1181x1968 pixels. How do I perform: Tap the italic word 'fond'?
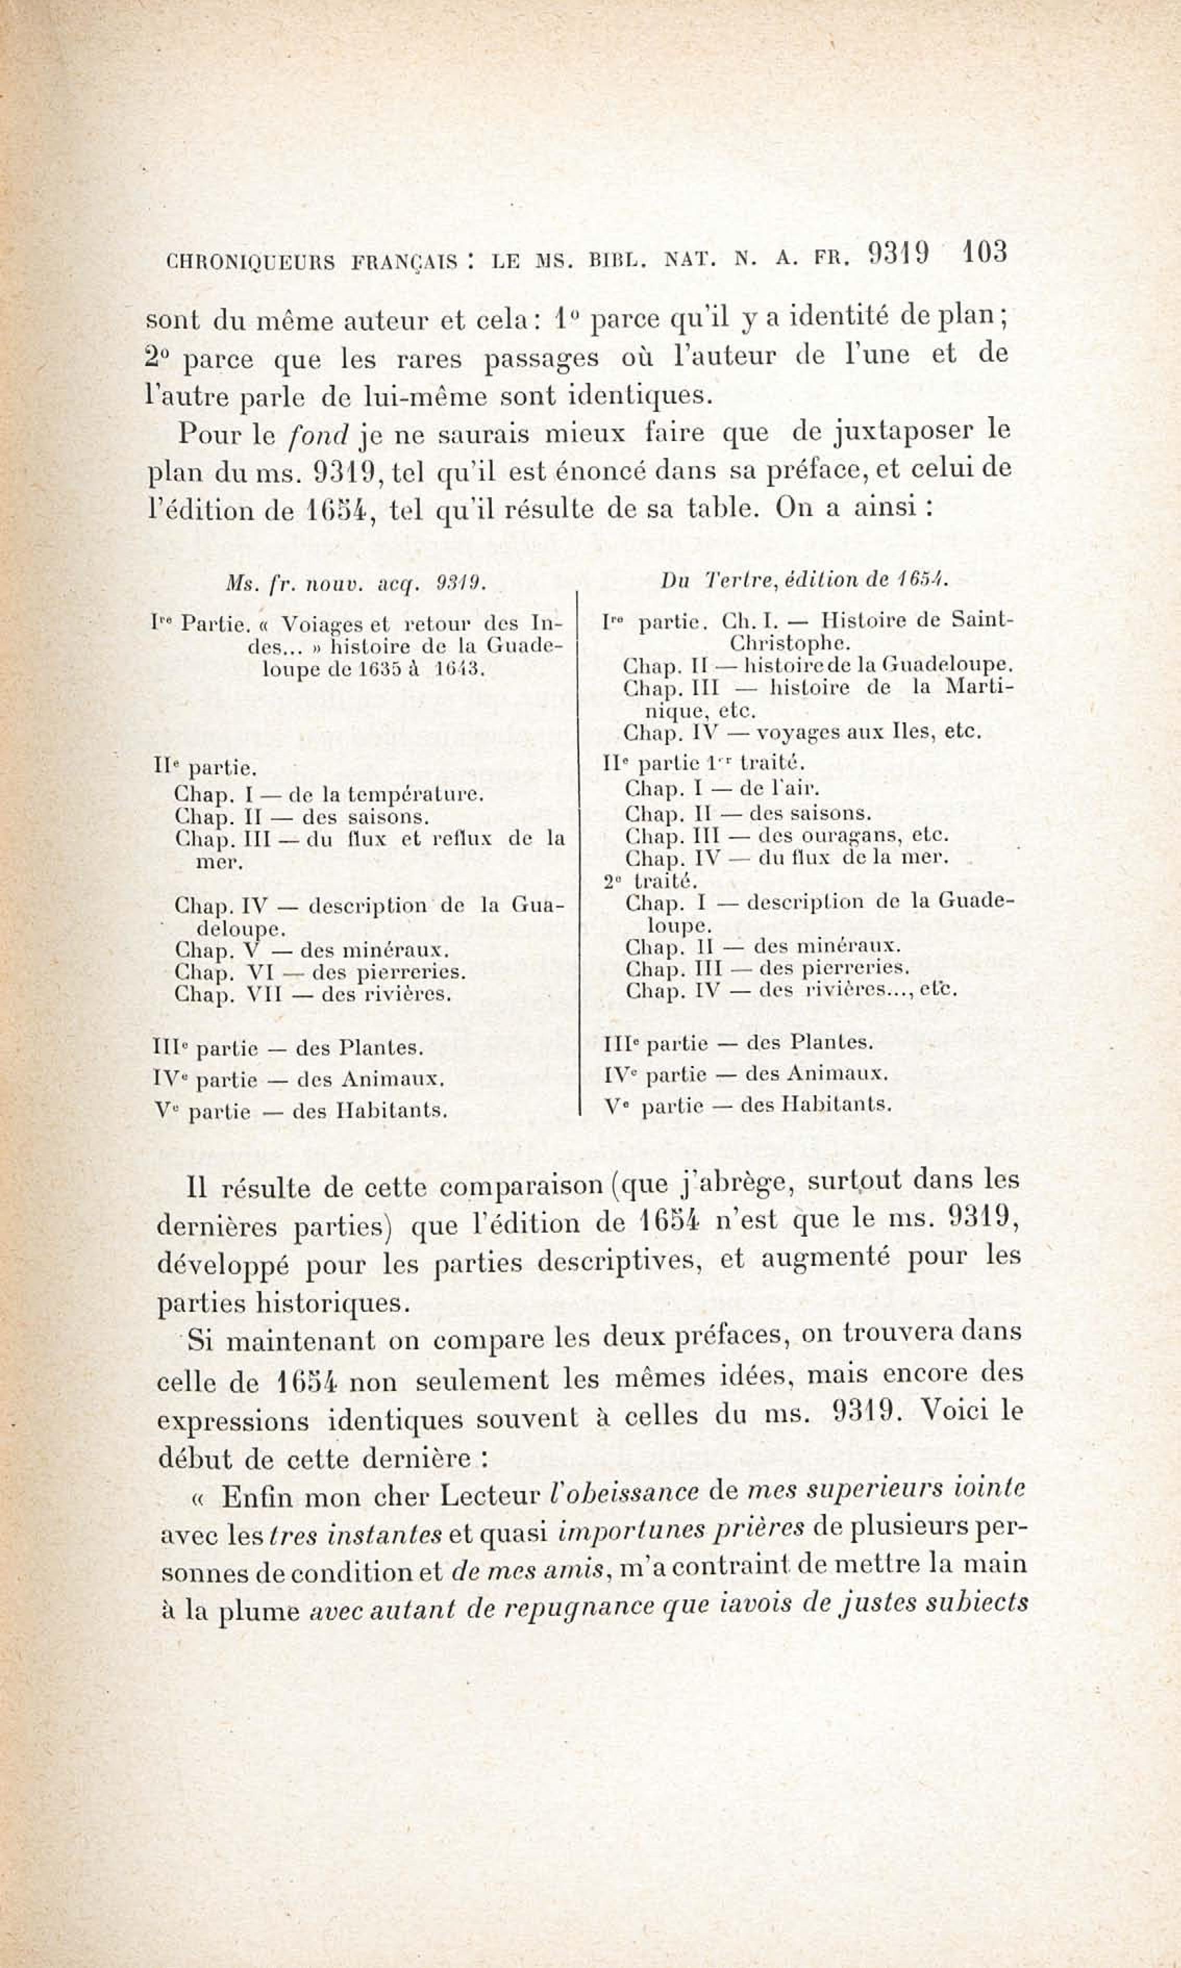pyautogui.click(x=318, y=435)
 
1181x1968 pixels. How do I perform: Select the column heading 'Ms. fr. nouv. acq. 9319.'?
pyautogui.click(x=356, y=584)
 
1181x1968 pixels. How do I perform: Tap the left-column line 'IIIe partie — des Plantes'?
pyautogui.click(x=287, y=1048)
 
